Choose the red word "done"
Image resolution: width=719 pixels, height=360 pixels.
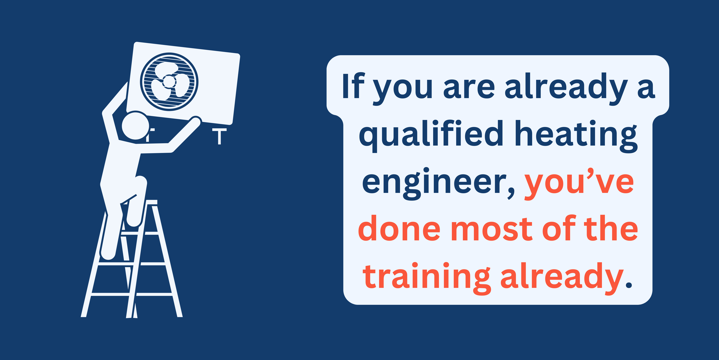click(399, 228)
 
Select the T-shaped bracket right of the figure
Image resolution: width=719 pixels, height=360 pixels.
click(219, 136)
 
